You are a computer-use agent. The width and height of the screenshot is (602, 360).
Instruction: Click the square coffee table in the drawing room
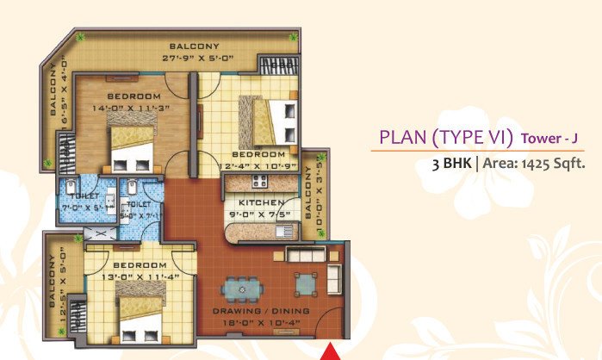click(305, 282)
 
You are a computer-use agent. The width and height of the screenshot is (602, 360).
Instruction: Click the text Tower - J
click(547, 139)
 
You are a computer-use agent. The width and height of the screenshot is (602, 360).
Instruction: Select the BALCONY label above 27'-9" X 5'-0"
click(194, 46)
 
